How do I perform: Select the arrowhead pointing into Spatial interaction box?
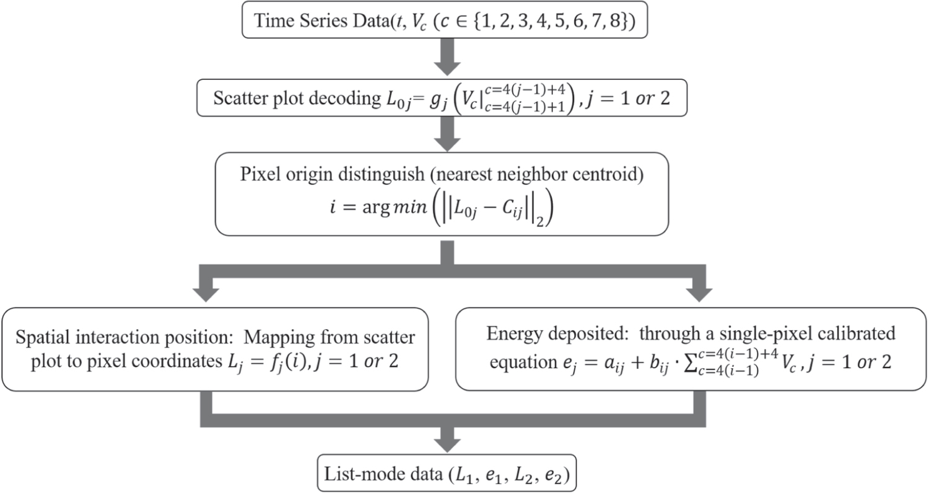[x=212, y=292]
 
